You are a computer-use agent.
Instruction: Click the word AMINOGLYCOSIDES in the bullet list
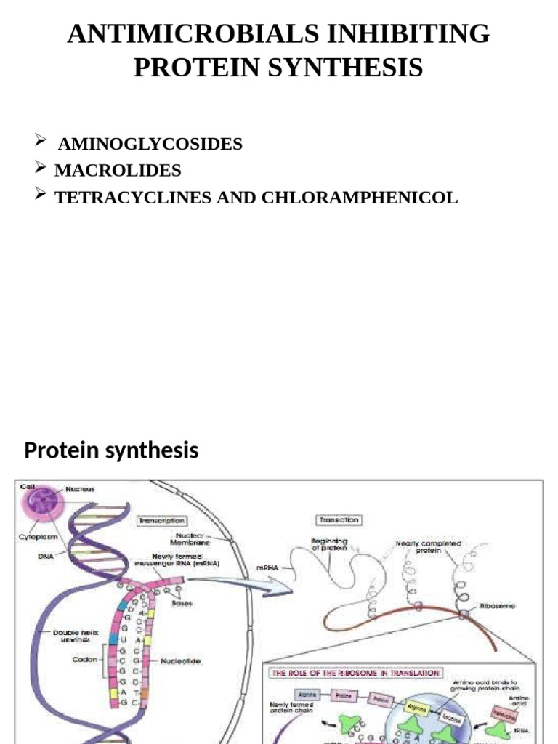(150, 144)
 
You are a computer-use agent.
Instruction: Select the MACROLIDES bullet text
(118, 171)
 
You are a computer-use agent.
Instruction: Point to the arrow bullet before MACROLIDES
(41, 169)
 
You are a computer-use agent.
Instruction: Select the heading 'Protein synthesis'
(111, 450)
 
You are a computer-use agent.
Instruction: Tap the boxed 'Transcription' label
(161, 520)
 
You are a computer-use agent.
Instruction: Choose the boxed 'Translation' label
(339, 520)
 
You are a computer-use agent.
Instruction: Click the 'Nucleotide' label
(182, 661)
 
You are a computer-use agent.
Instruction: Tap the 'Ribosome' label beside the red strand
(497, 606)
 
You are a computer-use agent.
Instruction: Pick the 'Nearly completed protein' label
(429, 547)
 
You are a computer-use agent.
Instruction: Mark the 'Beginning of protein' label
(329, 545)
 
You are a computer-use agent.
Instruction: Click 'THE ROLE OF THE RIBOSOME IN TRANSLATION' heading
(355, 673)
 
